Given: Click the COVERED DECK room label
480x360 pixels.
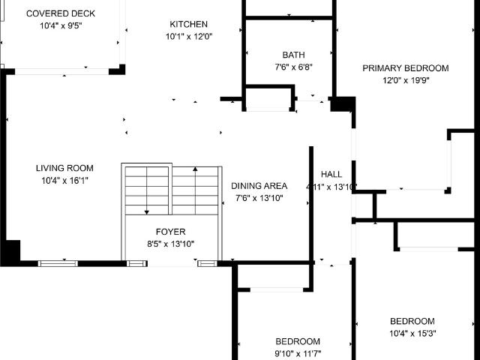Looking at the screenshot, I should (x=61, y=13).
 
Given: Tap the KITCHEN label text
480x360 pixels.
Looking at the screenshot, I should (x=189, y=24).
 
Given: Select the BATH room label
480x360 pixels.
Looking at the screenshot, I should (x=293, y=55).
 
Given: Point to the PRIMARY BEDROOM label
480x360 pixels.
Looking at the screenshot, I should (x=405, y=68).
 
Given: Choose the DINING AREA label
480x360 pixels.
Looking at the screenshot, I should (x=259, y=186).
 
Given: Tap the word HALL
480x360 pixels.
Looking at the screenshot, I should (x=331, y=174).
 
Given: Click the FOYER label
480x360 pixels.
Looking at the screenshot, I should (x=170, y=232).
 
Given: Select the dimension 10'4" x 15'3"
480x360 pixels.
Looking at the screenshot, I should (x=412, y=333).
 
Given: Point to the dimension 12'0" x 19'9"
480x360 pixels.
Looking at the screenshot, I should (x=405, y=80).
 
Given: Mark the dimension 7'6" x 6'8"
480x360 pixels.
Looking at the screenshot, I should (x=292, y=67).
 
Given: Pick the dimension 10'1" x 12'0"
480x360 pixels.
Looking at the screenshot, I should (x=189, y=36).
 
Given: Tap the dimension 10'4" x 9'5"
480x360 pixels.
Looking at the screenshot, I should (x=59, y=25).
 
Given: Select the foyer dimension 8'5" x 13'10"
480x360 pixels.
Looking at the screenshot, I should (x=170, y=244).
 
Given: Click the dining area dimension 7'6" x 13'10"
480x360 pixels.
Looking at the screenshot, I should (x=259, y=198).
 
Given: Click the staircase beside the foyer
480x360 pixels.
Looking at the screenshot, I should (x=171, y=190).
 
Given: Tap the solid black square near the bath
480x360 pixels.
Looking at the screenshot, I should (x=342, y=103).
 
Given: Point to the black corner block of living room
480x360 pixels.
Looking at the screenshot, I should (x=10, y=252).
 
